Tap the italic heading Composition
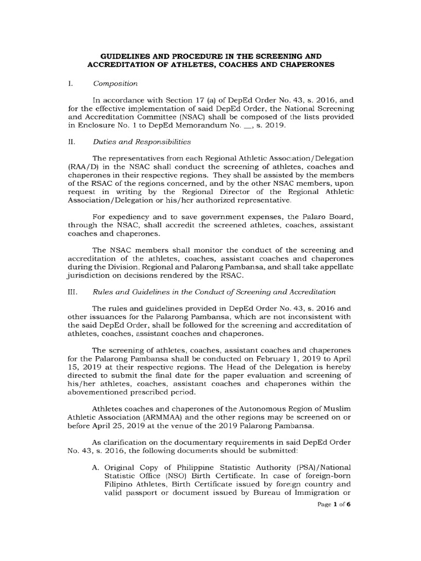tap(115, 84)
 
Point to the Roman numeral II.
tap(71, 141)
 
